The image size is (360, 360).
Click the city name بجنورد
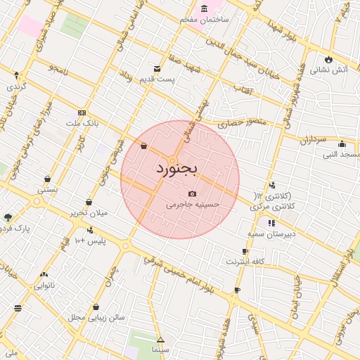178,169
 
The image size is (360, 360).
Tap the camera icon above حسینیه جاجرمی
192,193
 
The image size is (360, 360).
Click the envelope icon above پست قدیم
156,69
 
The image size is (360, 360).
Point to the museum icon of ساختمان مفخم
205,8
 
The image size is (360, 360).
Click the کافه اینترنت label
244,262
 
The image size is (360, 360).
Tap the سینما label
160,349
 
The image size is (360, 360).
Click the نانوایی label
44,285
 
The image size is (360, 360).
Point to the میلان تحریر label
88,212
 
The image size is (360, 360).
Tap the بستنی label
47,188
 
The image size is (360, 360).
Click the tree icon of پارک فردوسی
8,217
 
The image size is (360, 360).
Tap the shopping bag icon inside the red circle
144,147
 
